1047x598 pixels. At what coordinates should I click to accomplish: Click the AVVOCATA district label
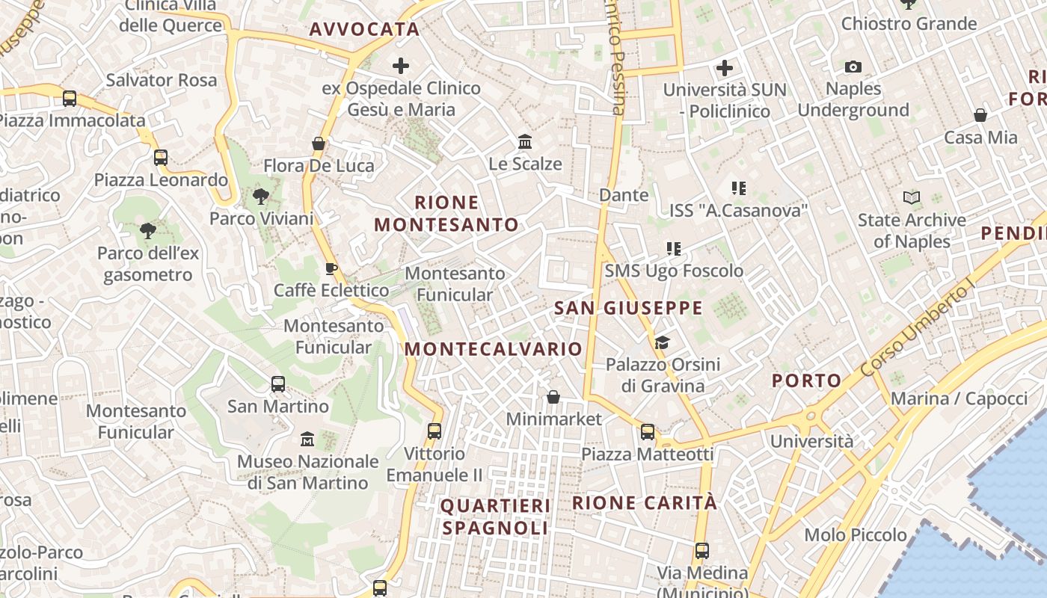[x=364, y=29]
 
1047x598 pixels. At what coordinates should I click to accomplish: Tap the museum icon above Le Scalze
[x=525, y=141]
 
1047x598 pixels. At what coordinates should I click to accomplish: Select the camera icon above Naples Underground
[x=853, y=67]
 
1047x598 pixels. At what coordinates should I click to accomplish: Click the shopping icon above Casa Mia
[x=980, y=115]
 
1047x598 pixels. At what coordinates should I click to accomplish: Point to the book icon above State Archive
[x=911, y=198]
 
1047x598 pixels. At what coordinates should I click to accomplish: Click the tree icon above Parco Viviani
[x=261, y=197]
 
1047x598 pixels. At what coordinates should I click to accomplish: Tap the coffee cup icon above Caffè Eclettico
[x=331, y=268]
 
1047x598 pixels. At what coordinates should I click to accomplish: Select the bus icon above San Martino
[x=278, y=384]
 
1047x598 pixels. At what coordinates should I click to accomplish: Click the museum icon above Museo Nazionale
[x=307, y=439]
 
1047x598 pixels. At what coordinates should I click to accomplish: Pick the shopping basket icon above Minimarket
[x=553, y=397]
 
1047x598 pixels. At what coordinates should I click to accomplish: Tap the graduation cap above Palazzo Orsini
[x=662, y=342]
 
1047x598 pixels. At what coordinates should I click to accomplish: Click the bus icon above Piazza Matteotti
[x=648, y=431]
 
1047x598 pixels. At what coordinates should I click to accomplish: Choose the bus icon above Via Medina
[x=701, y=551]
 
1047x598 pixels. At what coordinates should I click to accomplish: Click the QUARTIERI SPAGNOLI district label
[x=495, y=517]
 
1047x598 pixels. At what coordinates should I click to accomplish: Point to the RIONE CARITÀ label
[x=645, y=503]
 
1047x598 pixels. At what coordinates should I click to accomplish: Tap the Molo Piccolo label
[x=856, y=535]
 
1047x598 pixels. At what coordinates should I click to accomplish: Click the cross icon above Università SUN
[x=724, y=68]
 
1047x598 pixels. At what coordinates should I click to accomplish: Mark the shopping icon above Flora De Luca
[x=319, y=143]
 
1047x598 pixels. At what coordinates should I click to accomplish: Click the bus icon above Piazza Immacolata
[x=70, y=98]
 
